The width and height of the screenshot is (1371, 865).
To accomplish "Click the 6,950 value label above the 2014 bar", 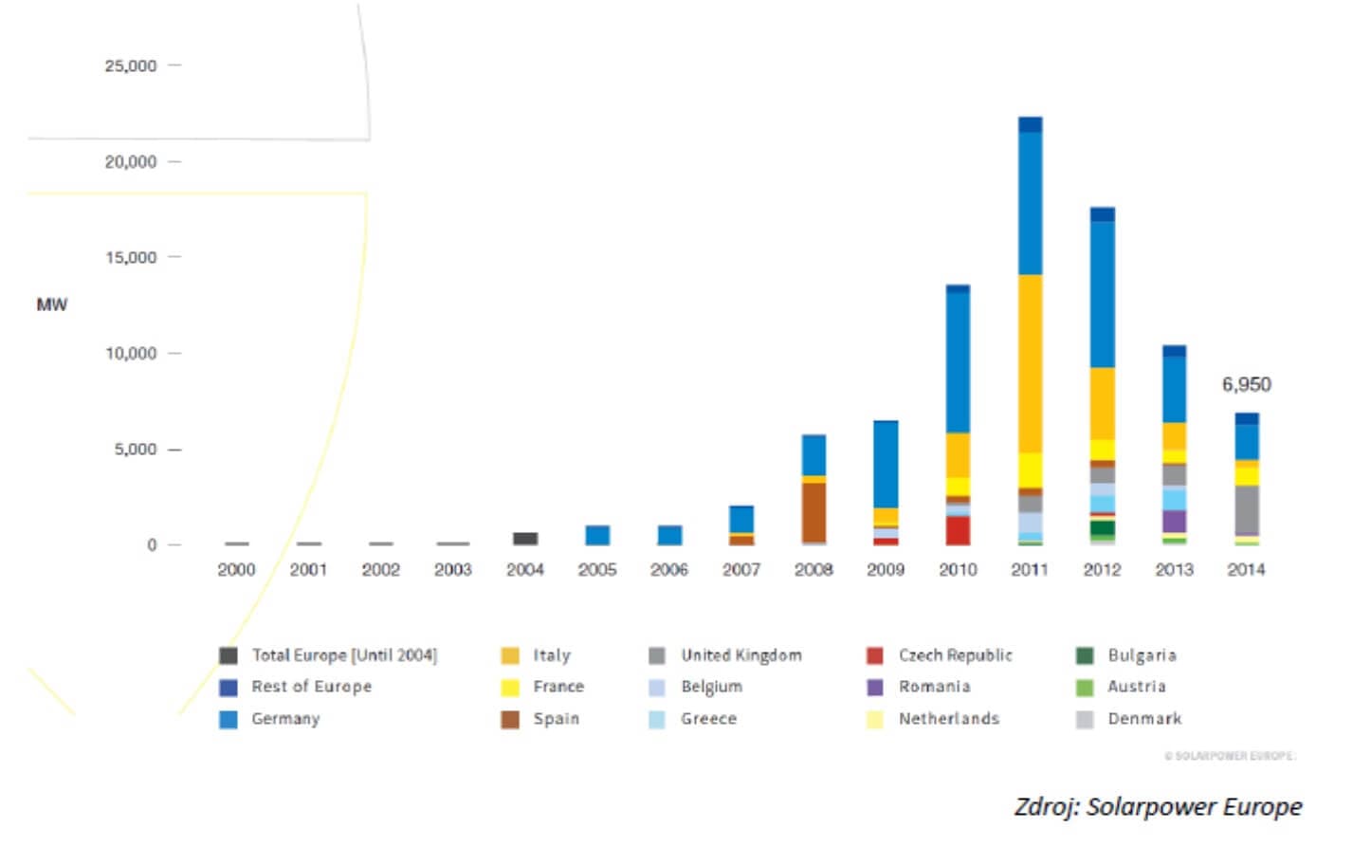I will (1245, 384).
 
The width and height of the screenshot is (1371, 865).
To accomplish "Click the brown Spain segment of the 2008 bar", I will (813, 511).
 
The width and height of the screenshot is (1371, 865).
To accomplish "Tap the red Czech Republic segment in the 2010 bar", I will (958, 530).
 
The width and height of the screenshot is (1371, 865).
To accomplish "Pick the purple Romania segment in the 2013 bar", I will (1174, 521).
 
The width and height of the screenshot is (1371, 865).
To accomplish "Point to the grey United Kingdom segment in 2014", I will (1246, 510).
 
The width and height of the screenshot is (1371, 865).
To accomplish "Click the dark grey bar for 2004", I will (525, 539).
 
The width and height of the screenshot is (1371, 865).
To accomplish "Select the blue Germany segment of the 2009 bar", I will (886, 465).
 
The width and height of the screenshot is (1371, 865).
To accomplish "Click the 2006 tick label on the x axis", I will (668, 569).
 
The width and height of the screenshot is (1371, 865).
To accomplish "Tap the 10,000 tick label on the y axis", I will (131, 353).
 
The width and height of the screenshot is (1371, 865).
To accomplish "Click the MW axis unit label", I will (52, 304).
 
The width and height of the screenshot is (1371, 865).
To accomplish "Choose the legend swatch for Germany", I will (228, 719).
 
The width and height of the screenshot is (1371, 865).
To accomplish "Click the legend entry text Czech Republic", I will (955, 655).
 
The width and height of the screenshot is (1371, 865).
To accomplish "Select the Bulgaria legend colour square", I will (1085, 655).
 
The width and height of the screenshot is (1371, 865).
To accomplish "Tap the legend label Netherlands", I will (948, 719).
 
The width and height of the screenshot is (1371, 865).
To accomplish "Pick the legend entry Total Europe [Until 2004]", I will (343, 655).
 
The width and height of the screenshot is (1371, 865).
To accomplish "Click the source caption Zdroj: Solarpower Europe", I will (1158, 806).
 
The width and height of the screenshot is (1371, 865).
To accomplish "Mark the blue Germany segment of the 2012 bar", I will (1102, 294).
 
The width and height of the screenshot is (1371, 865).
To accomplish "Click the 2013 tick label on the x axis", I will (1174, 569).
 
